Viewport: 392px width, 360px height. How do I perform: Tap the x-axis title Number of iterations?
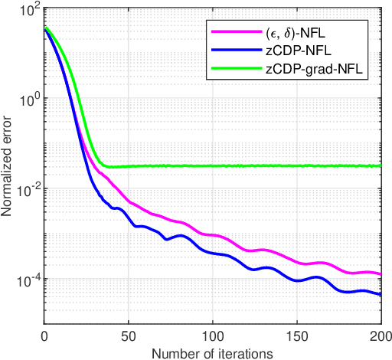[213, 352]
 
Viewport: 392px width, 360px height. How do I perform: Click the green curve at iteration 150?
[297, 166]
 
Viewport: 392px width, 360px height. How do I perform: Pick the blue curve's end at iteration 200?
[381, 294]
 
